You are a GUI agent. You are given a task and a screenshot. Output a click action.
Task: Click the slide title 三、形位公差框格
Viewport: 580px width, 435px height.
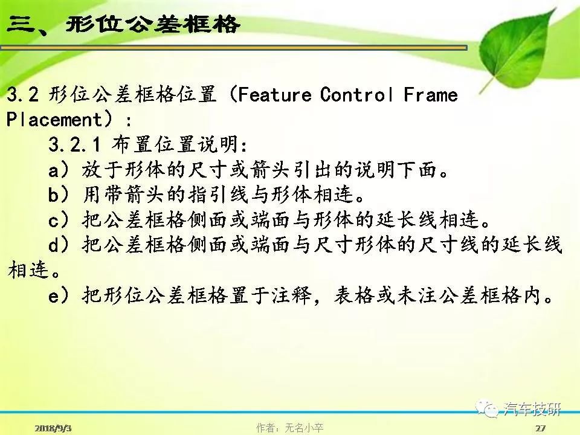tap(123, 25)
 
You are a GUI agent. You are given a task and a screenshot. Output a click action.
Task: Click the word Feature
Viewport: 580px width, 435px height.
tap(274, 95)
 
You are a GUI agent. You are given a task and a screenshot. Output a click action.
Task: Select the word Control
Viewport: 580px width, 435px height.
tap(357, 95)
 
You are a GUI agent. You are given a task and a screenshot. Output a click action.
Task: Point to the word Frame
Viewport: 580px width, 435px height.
tap(431, 95)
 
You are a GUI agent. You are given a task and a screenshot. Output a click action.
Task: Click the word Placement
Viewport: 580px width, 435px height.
tap(54, 120)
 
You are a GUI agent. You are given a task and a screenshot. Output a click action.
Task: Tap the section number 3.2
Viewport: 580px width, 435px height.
tap(22, 95)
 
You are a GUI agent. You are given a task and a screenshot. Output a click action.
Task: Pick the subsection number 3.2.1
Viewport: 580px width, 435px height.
tap(74, 144)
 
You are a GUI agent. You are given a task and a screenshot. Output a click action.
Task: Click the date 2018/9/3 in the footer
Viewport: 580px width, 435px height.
tap(53, 428)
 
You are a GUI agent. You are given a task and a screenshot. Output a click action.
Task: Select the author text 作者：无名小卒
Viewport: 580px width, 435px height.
tap(289, 428)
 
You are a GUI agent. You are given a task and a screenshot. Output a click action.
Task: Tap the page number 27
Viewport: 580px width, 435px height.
tap(540, 428)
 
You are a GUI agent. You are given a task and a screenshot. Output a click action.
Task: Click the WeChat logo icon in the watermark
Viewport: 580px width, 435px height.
tap(488, 410)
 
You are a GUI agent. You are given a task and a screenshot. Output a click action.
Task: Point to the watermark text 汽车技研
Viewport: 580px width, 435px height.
tap(532, 409)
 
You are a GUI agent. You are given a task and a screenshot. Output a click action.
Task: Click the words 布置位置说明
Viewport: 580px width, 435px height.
tap(175, 144)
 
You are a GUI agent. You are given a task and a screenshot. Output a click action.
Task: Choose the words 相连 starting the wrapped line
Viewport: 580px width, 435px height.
tap(28, 269)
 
